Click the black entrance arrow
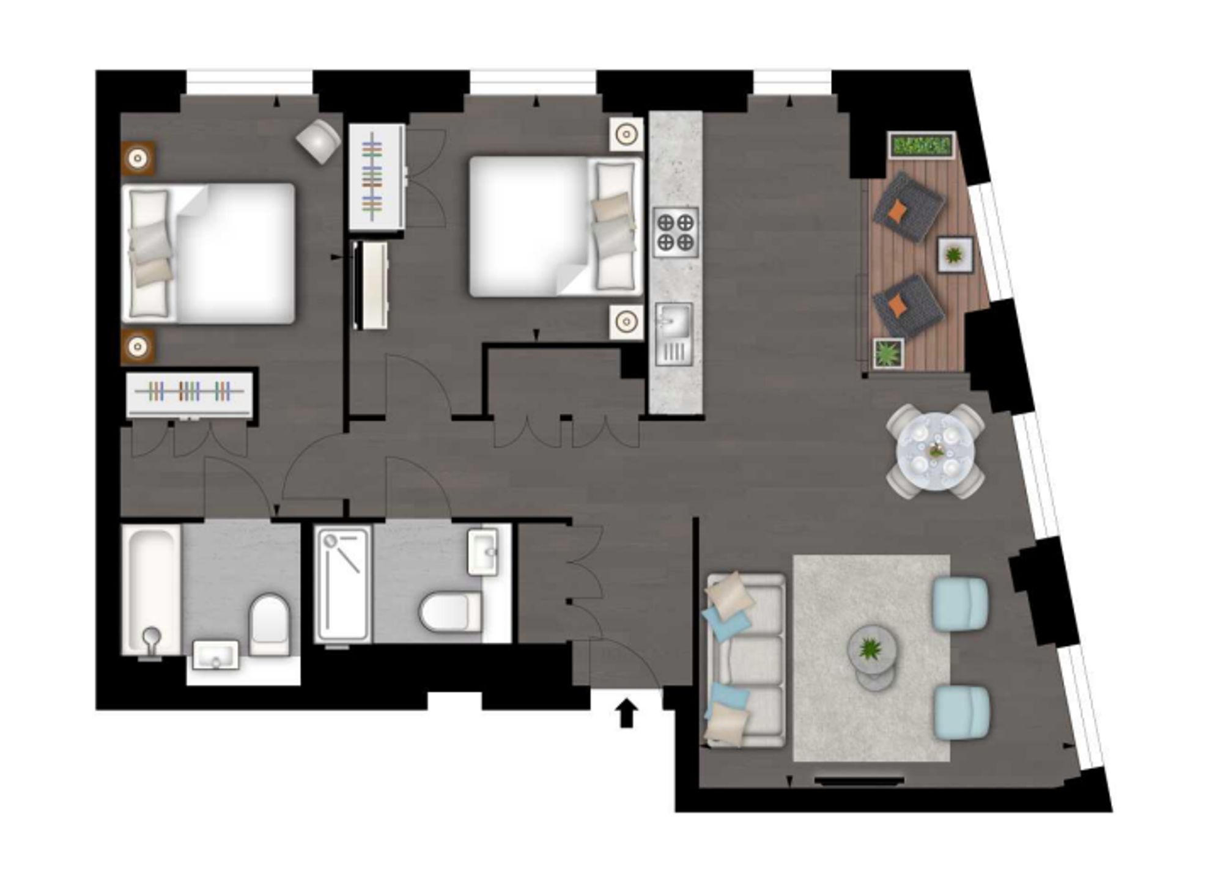[x=626, y=713]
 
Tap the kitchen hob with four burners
[x=676, y=232]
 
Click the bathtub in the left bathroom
[x=151, y=589]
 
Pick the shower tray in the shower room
[x=342, y=584]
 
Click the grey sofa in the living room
[x=746, y=660]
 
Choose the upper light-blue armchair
[x=960, y=602]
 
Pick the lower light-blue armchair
[x=961, y=712]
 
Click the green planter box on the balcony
[x=922, y=145]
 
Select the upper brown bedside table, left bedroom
[x=138, y=159]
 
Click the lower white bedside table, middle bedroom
[x=626, y=321]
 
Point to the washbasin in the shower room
[x=483, y=551]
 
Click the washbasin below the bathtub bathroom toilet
[x=215, y=655]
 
